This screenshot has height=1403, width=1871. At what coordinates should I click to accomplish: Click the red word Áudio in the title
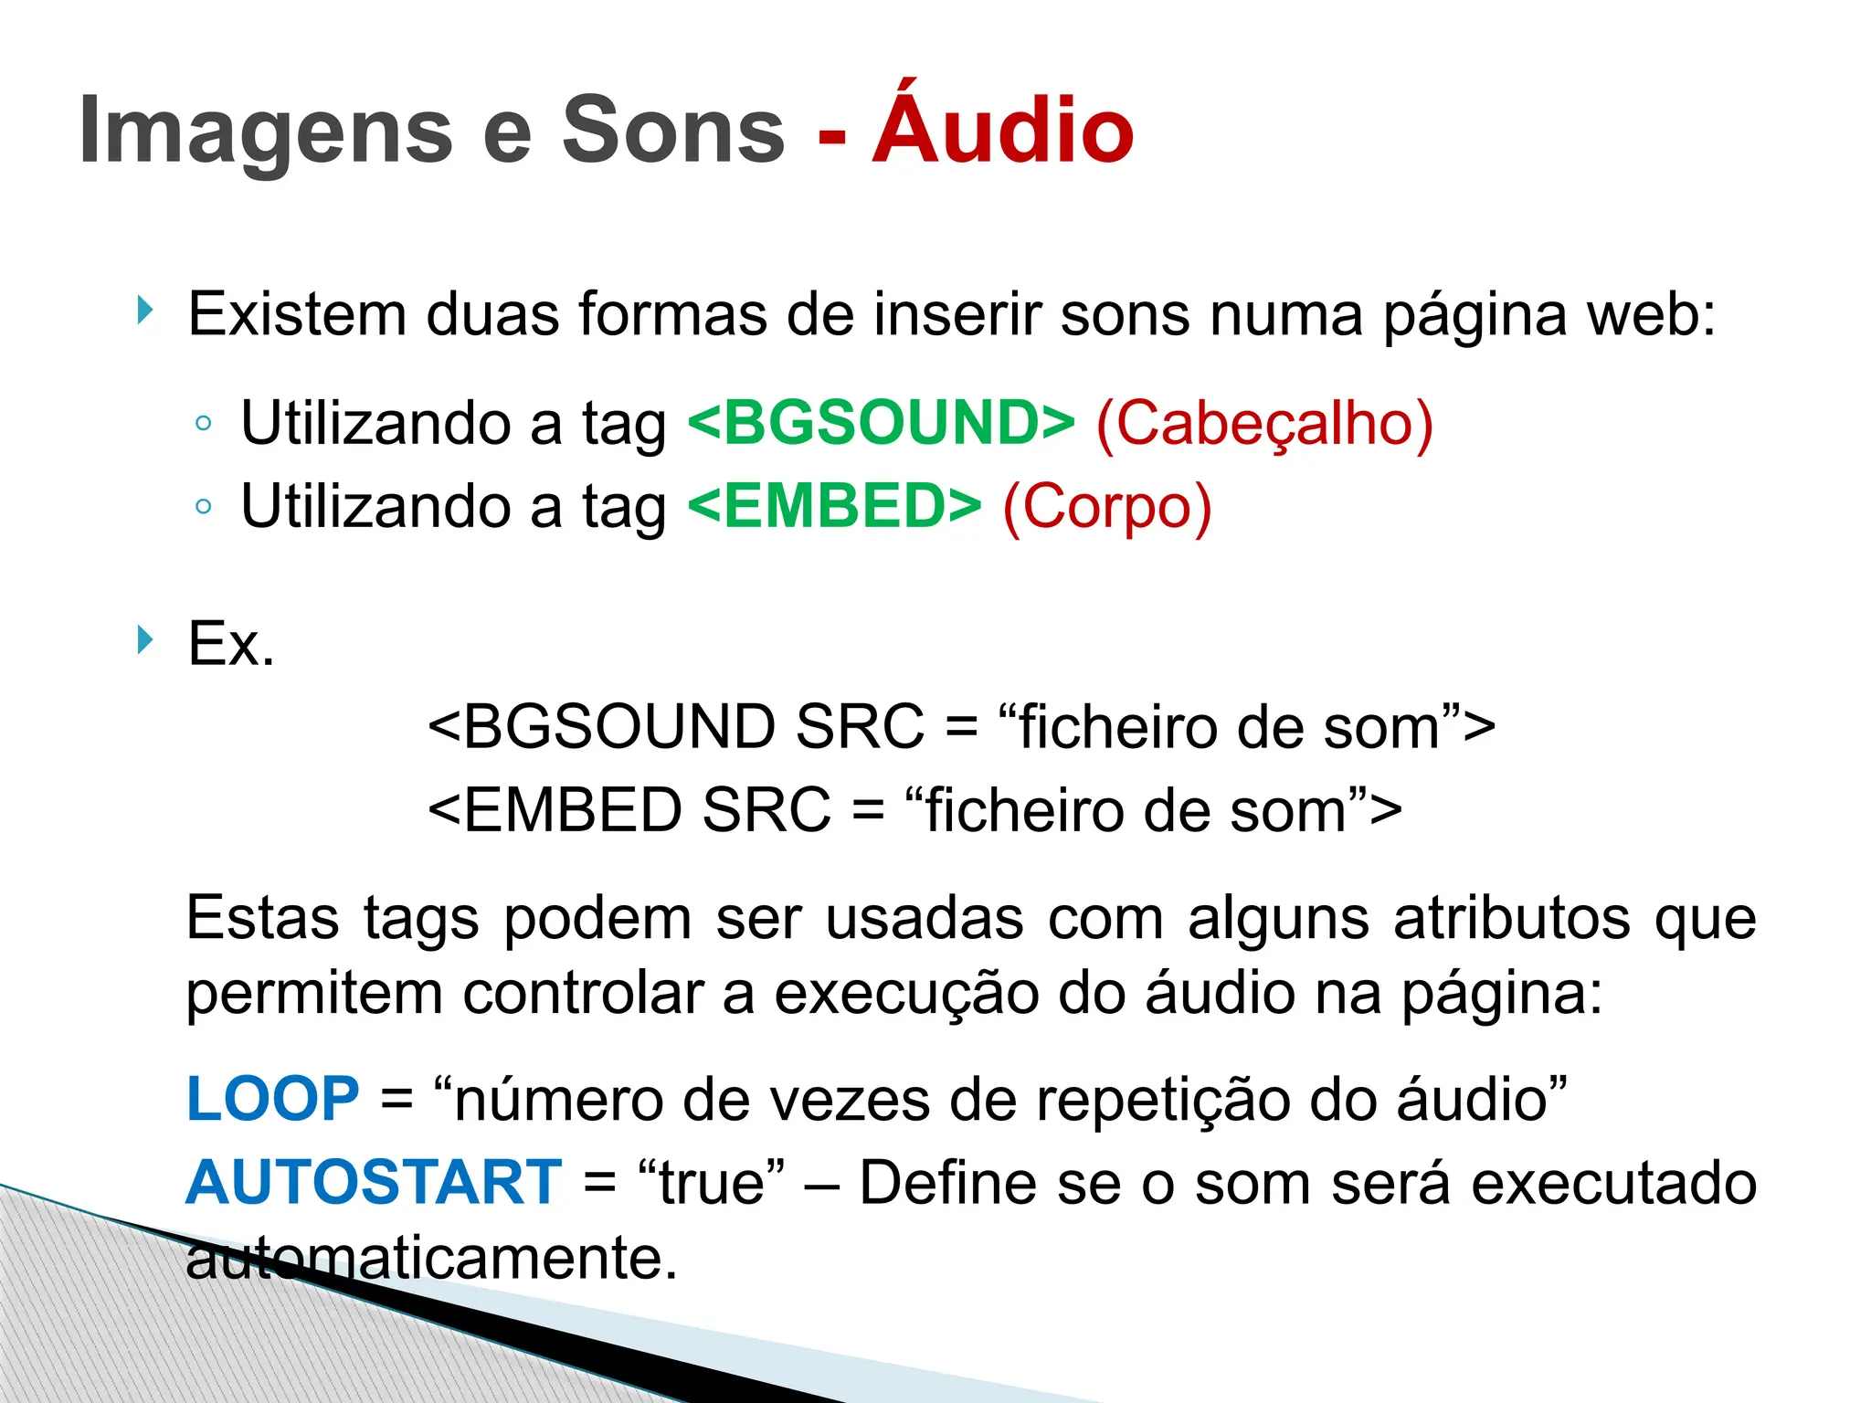pyautogui.click(x=1002, y=131)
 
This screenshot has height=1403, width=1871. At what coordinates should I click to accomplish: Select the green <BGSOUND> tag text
pyautogui.click(x=881, y=423)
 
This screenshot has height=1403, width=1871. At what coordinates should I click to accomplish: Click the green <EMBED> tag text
pyautogui.click(x=834, y=506)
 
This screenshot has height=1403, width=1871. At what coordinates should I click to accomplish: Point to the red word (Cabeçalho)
pyautogui.click(x=1263, y=423)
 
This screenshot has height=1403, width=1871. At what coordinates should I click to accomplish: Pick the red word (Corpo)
pyautogui.click(x=1106, y=506)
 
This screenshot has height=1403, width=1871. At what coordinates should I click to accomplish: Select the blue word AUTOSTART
pyautogui.click(x=373, y=1182)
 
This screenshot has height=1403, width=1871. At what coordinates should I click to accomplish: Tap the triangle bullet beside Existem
pyautogui.click(x=144, y=311)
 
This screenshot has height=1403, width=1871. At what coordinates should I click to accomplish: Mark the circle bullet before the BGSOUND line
pyautogui.click(x=204, y=423)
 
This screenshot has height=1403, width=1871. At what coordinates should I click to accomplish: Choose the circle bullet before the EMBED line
pyautogui.click(x=204, y=506)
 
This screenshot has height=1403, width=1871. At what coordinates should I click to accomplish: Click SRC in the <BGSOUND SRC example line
pyautogui.click(x=860, y=727)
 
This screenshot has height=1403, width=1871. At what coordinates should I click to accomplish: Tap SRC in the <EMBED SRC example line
pyautogui.click(x=766, y=810)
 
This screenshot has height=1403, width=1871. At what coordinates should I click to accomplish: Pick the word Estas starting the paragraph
pyautogui.click(x=263, y=917)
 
